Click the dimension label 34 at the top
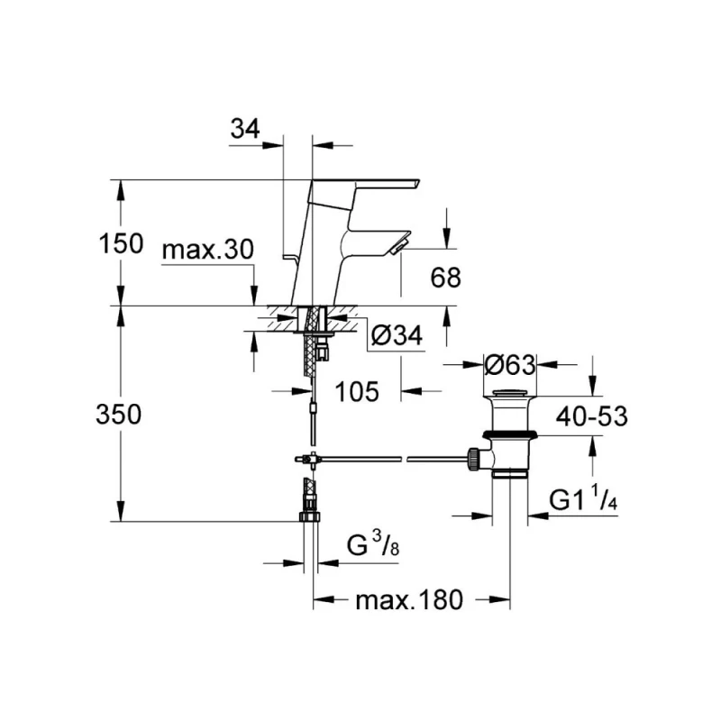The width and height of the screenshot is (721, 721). tap(245, 130)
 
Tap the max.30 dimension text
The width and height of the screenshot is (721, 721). tap(208, 250)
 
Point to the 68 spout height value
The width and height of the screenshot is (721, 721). tap(445, 278)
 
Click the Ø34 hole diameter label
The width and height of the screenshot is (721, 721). tap(396, 335)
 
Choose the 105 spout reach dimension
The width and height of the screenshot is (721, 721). tap(357, 391)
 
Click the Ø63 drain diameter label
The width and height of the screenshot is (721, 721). tap(510, 365)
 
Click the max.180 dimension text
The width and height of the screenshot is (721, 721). tap(407, 599)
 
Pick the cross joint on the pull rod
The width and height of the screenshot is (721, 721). tap(309, 460)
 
